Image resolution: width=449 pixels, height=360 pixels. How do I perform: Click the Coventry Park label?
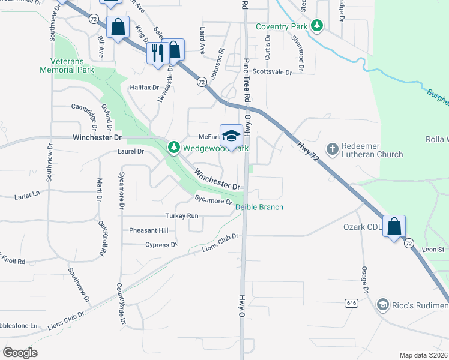click(281, 26)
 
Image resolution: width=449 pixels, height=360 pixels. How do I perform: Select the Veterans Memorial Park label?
click(67, 66)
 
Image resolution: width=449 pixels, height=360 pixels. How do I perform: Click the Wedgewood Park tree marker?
click(174, 147)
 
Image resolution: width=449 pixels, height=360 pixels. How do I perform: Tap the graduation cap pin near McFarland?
click(231, 136)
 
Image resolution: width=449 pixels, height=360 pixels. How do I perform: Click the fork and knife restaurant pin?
click(157, 52)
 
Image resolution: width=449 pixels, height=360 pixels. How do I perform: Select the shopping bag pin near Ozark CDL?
click(394, 227)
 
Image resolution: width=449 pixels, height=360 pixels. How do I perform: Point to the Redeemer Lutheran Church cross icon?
click(333, 148)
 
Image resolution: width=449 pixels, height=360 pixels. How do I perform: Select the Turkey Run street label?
click(182, 215)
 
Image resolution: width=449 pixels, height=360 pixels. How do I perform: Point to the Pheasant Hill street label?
click(148, 230)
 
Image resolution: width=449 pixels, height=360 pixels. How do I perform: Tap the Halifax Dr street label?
click(144, 87)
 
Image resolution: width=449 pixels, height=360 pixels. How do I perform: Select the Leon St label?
click(432, 249)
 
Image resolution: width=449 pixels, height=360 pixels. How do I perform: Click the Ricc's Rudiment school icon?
click(382, 305)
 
